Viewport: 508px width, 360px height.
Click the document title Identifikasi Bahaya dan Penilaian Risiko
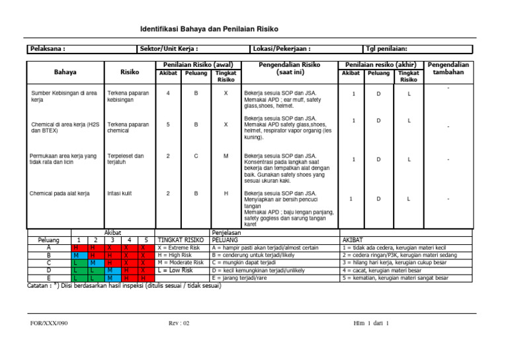pyautogui.click(x=209, y=29)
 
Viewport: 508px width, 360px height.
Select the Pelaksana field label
pyautogui.click(x=47, y=48)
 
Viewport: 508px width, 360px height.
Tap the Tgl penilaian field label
pyautogui.click(x=387, y=48)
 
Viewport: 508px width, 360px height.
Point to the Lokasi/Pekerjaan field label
pyautogui.click(x=282, y=48)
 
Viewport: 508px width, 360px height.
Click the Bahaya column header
pyautogui.click(x=64, y=71)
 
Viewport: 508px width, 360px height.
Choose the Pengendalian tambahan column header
pyautogui.click(x=449, y=68)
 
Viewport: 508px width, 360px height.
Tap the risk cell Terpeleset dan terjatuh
pyautogui.click(x=125, y=159)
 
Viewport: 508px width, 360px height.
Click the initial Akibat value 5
pyautogui.click(x=168, y=124)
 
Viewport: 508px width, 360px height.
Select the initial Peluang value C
pyautogui.click(x=196, y=156)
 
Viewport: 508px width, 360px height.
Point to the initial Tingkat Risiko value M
pyautogui.click(x=226, y=156)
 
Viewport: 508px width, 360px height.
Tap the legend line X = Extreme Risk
pyautogui.click(x=179, y=247)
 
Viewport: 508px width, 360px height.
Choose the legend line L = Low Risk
pyautogui.click(x=175, y=270)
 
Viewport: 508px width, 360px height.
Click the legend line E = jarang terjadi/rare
pyautogui.click(x=244, y=278)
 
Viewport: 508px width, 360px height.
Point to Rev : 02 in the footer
pyautogui.click(x=179, y=323)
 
